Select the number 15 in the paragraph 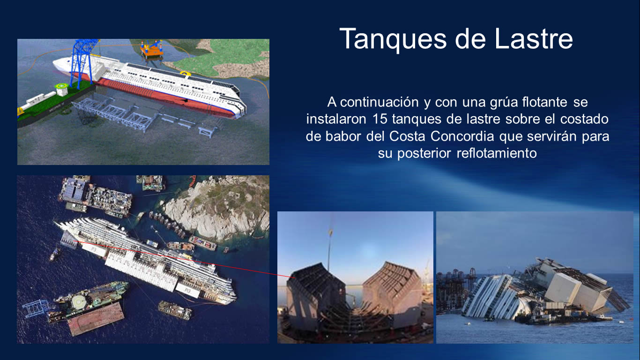[380, 119]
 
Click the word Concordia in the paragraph [462, 136]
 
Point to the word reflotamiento [497, 153]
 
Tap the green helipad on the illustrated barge [61, 86]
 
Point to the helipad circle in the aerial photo [78, 301]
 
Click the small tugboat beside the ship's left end [54, 254]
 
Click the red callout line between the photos [184, 259]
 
